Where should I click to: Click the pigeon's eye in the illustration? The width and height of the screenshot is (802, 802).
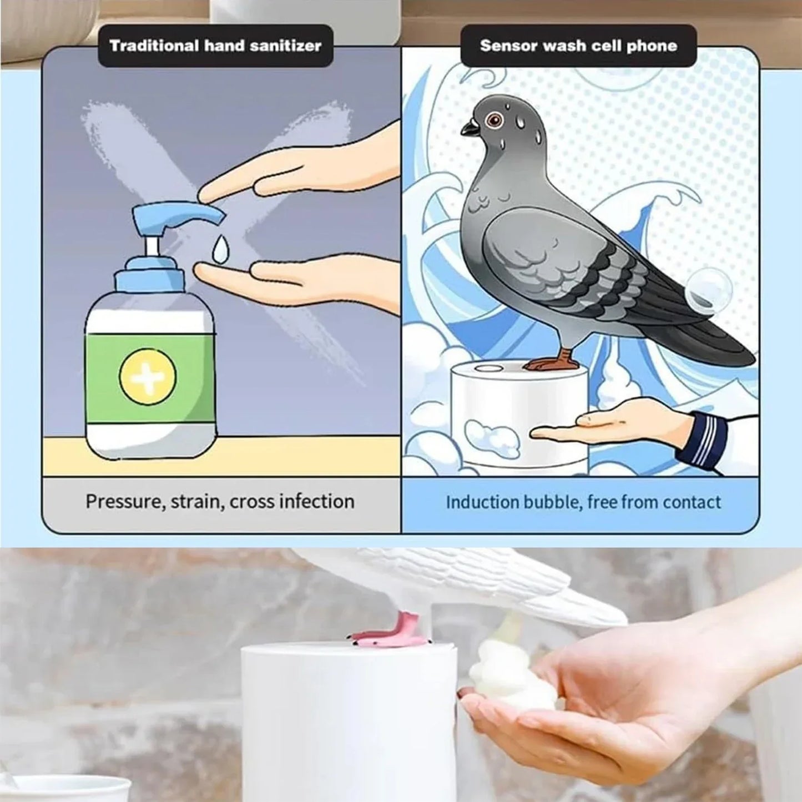[492, 119]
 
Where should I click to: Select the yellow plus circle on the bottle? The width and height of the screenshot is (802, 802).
[148, 376]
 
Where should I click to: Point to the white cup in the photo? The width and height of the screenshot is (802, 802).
[67, 788]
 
